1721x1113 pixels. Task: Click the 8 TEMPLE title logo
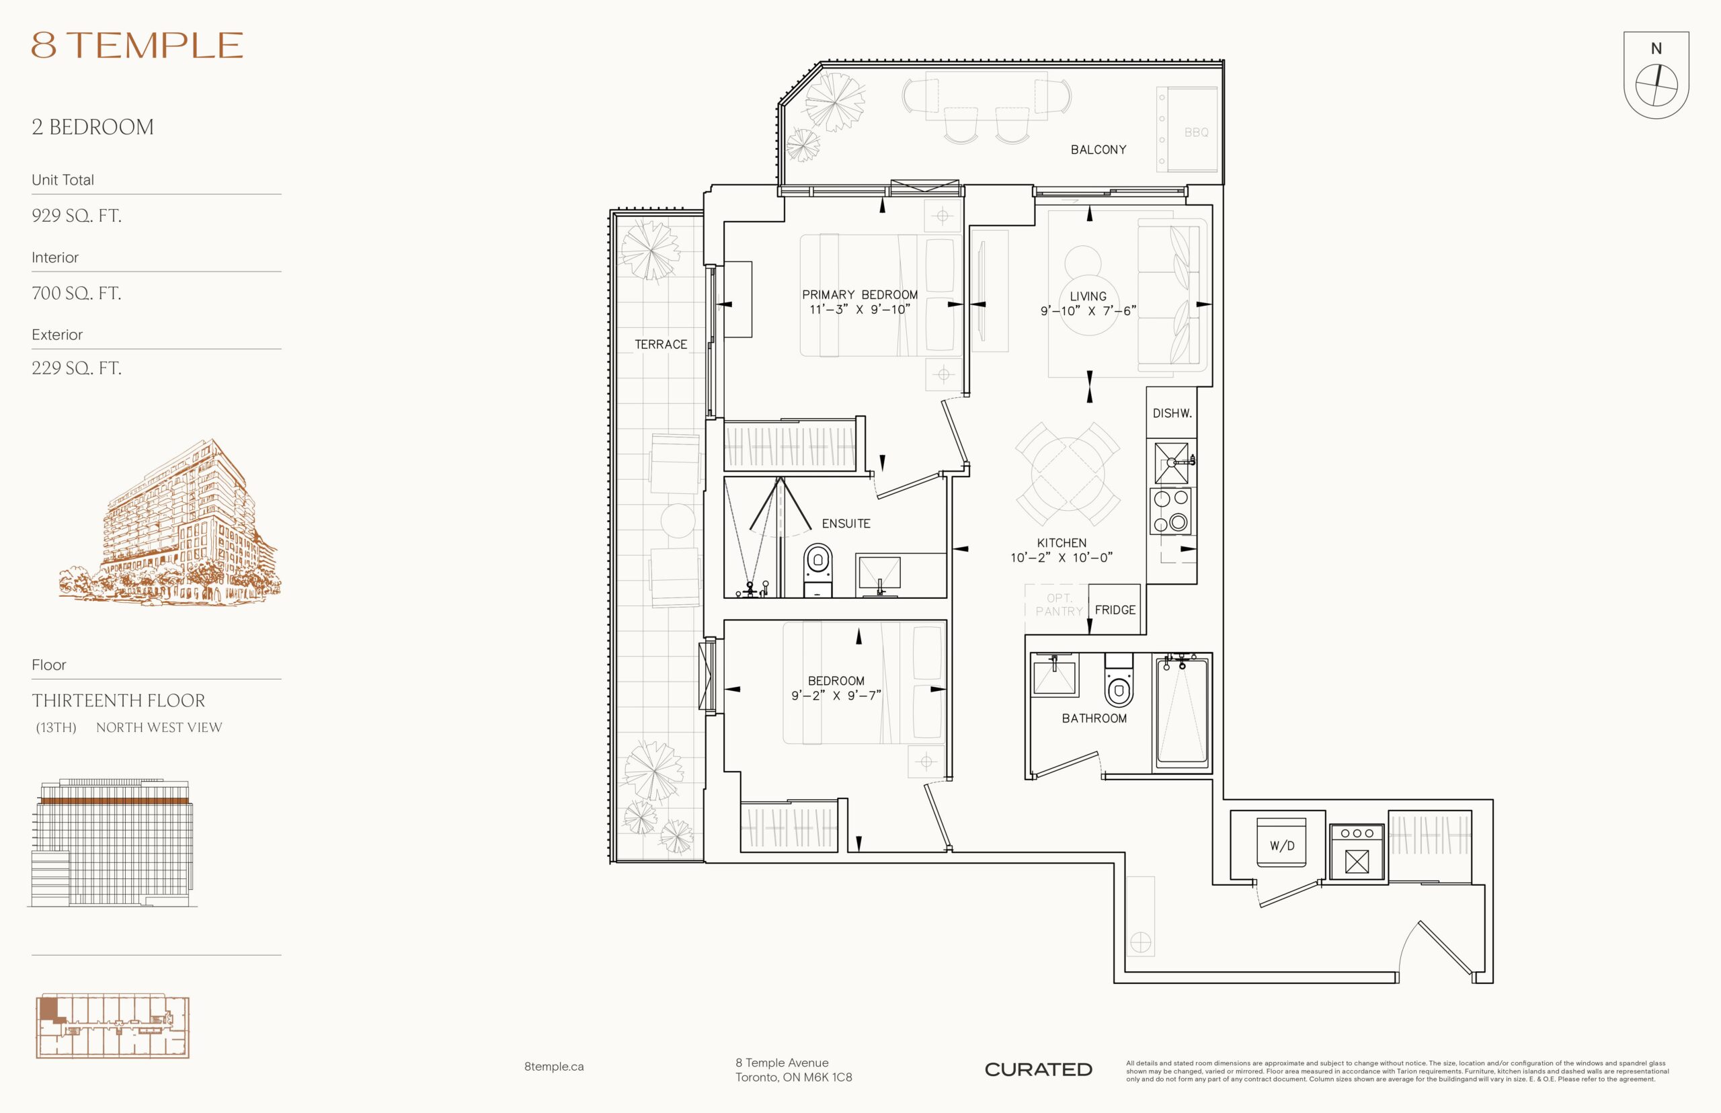click(136, 45)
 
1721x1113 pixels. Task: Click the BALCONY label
click(1098, 150)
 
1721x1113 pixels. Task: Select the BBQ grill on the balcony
click(1189, 129)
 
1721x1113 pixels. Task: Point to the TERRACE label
click(661, 344)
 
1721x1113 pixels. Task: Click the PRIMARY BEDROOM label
click(859, 294)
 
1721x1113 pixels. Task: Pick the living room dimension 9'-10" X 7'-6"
click(1088, 311)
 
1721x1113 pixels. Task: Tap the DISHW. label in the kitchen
click(1172, 413)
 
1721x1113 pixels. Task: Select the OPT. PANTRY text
click(1059, 605)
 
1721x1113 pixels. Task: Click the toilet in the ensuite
click(818, 570)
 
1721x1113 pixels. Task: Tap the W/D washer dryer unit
click(1281, 843)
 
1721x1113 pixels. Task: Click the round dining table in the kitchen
click(1068, 473)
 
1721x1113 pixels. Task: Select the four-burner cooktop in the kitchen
click(1170, 510)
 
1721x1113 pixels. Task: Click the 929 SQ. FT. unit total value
click(77, 215)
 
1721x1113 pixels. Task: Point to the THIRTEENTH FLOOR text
click(118, 700)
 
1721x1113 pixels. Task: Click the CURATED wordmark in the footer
click(1038, 1069)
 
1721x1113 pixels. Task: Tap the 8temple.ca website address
click(554, 1066)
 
